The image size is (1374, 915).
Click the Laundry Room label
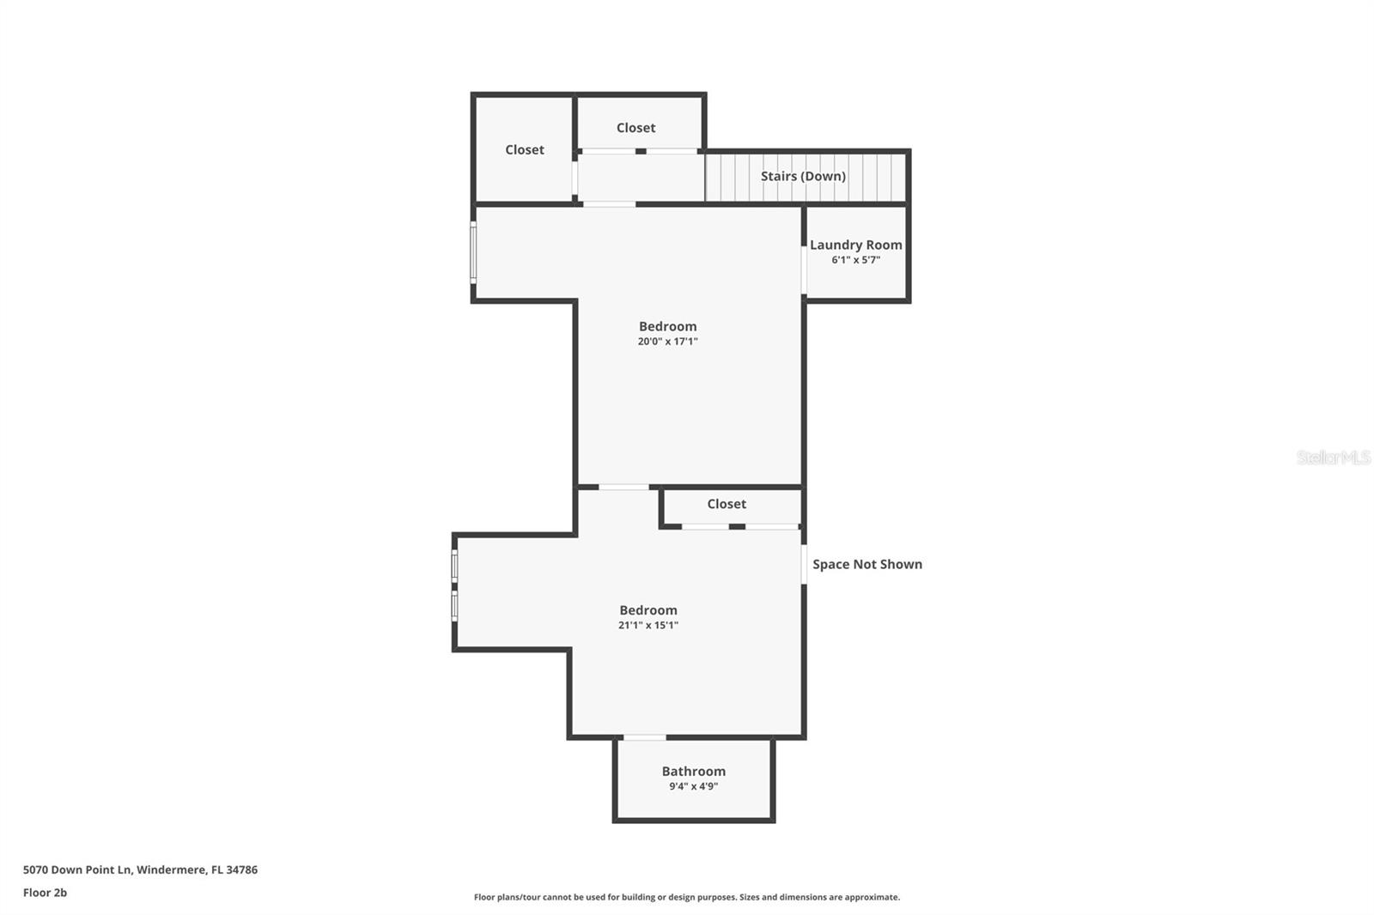point(855,245)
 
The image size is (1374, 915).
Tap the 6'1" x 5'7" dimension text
point(855,260)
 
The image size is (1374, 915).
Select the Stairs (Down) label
point(803,176)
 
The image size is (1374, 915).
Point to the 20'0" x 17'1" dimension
point(667,342)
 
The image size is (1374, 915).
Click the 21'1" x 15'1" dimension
point(648,626)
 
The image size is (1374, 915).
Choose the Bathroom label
point(693,771)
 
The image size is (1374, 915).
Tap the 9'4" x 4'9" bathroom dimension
point(693,786)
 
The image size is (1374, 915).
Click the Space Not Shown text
point(867,564)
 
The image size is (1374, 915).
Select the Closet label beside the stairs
point(635,128)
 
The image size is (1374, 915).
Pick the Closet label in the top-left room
point(524,149)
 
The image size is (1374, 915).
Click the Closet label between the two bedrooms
point(727,504)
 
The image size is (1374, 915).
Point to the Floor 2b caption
point(45,893)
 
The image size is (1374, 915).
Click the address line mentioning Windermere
point(140,870)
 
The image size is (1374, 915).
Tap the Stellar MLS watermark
point(1333,457)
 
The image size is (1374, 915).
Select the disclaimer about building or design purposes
point(687,897)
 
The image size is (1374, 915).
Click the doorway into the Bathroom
point(644,737)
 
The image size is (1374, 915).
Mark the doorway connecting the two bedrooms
point(623,488)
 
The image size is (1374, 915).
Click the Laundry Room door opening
point(804,270)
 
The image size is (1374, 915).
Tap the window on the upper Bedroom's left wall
point(473,251)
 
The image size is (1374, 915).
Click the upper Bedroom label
point(667,326)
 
